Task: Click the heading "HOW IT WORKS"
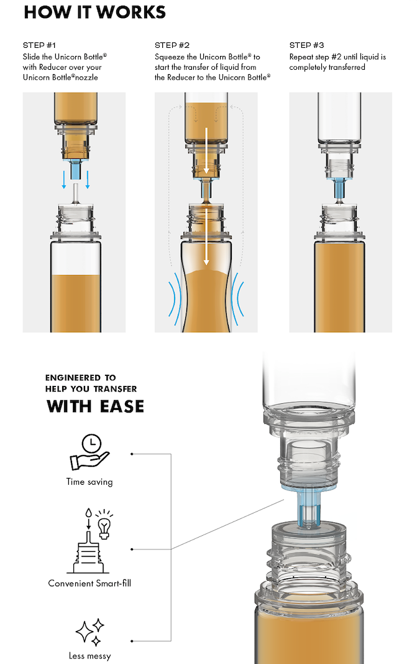click(94, 12)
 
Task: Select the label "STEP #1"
click(39, 45)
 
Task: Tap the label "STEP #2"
click(172, 45)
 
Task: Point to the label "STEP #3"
click(306, 45)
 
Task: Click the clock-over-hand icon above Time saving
click(89, 452)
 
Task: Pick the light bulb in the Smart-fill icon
click(104, 524)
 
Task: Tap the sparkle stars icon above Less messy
click(89, 632)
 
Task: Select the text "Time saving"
click(89, 482)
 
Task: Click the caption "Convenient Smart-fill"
click(89, 583)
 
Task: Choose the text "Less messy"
click(89, 656)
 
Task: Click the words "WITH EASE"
click(95, 406)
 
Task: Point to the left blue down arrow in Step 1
click(64, 179)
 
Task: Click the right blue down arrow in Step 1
click(88, 179)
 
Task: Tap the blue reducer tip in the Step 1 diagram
click(76, 169)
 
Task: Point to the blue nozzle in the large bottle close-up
click(309, 507)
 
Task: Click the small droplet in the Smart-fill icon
click(88, 513)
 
